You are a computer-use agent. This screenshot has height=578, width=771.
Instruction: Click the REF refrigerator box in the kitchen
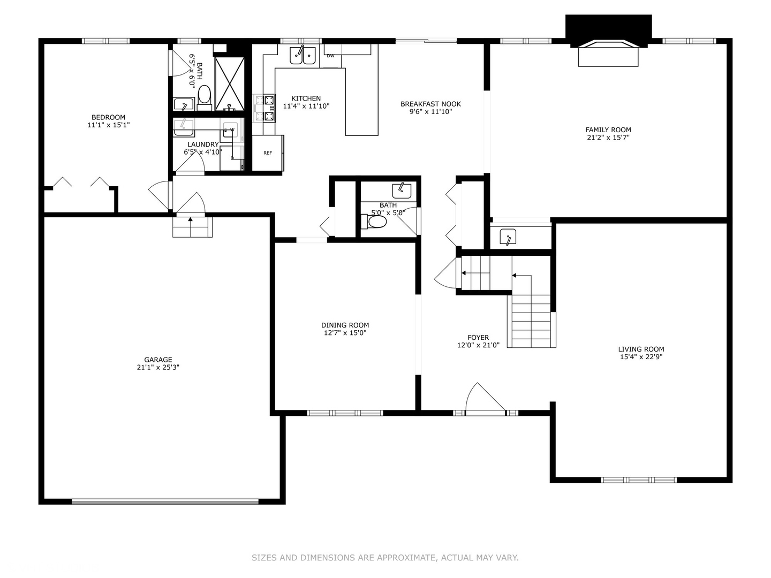point(268,153)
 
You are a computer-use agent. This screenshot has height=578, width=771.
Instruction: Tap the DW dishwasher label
point(330,56)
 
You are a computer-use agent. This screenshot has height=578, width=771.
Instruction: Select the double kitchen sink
point(303,55)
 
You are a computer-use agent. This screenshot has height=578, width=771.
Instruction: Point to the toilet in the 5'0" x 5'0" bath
point(377,221)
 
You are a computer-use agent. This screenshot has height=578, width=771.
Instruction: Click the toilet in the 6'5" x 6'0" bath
point(204,96)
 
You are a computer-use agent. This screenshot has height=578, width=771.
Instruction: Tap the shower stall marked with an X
point(230,83)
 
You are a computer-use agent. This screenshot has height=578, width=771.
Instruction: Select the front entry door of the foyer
point(485,400)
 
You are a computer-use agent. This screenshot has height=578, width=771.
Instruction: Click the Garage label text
point(158,360)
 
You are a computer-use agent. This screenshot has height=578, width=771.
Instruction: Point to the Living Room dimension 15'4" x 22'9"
point(641,357)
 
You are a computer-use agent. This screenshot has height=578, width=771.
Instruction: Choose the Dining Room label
point(345,325)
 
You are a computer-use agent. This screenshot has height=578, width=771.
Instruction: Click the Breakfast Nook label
point(430,104)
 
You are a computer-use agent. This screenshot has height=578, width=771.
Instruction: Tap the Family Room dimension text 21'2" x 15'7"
point(608,138)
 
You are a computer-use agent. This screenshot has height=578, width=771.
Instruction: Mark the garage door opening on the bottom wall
point(165,501)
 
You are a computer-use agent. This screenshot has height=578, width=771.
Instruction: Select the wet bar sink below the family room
point(508,236)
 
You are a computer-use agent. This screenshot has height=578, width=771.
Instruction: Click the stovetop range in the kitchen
point(264,108)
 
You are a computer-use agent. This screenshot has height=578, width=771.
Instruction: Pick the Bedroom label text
point(108,117)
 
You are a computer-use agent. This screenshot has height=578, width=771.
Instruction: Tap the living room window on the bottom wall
point(639,480)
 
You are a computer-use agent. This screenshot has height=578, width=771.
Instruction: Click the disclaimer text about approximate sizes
point(385,558)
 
